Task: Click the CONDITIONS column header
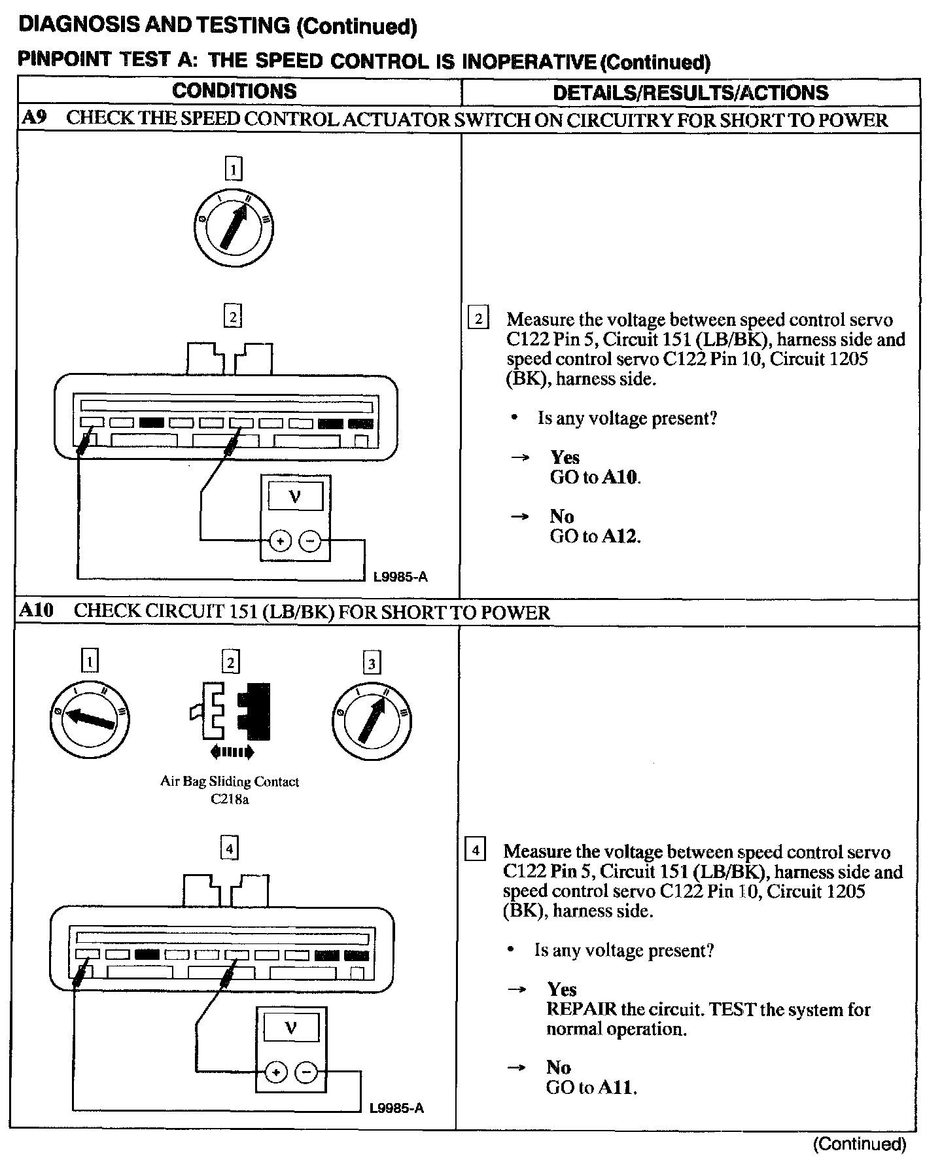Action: (234, 91)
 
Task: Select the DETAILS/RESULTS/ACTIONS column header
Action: (691, 92)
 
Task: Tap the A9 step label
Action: (33, 118)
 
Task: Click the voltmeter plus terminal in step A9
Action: (280, 541)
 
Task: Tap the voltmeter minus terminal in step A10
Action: (305, 1072)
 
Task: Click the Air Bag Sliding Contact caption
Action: (230, 781)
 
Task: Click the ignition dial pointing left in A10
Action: (90, 719)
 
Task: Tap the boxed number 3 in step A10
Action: (372, 664)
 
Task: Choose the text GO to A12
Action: (595, 537)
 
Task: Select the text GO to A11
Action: (591, 1087)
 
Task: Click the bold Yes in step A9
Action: (565, 457)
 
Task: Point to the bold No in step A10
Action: (559, 1067)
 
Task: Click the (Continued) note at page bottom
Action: (860, 1144)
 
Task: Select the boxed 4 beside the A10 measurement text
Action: (475, 851)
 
